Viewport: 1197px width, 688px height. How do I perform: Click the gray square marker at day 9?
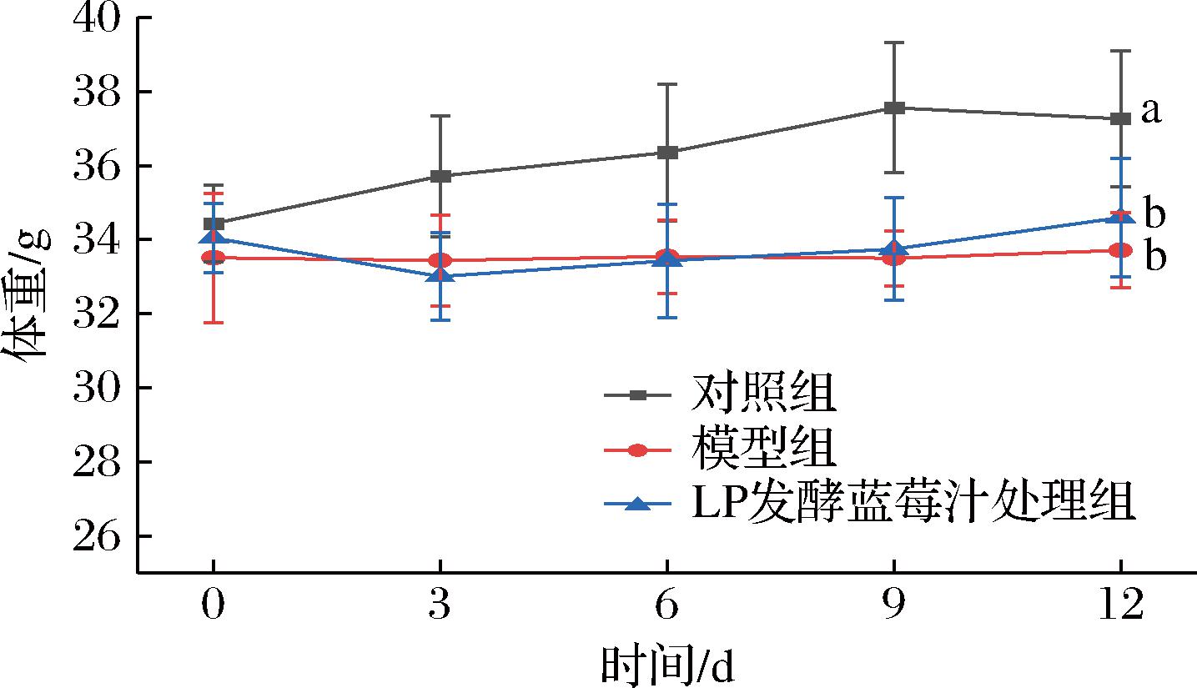pyautogui.click(x=894, y=108)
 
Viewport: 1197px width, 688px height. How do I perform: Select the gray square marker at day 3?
pyautogui.click(x=440, y=176)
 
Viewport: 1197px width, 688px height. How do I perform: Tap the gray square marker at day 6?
pyautogui.click(x=667, y=152)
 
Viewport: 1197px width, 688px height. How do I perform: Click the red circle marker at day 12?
pyautogui.click(x=1121, y=250)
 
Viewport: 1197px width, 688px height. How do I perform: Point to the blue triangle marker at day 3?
pyautogui.click(x=440, y=274)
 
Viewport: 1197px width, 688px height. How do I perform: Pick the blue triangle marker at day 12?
pyautogui.click(x=1121, y=217)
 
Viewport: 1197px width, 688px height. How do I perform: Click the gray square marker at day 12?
pyautogui.click(x=1121, y=119)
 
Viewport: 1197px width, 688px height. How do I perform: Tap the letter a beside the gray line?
pyautogui.click(x=1151, y=111)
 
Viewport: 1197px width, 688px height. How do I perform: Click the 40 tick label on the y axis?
pyautogui.click(x=95, y=18)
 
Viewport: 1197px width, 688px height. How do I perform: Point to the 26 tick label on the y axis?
pyautogui.click(x=95, y=536)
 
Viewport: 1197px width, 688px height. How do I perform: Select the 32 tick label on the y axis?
pyautogui.click(x=95, y=314)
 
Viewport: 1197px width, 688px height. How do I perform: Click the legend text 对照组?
pyautogui.click(x=762, y=394)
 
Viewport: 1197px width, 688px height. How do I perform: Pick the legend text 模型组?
pyautogui.click(x=762, y=450)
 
